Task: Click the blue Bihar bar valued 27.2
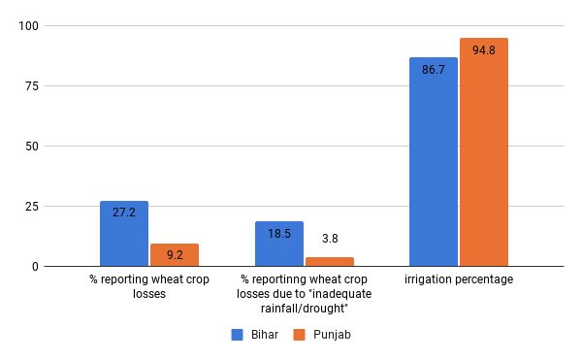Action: click(124, 234)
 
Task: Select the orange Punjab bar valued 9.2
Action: click(175, 255)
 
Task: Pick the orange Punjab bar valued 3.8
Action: click(330, 262)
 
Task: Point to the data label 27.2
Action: click(124, 212)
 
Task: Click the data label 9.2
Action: click(175, 255)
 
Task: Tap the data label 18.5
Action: click(279, 233)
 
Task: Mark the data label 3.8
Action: click(330, 238)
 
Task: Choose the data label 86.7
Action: click(434, 71)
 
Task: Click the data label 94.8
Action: click(484, 50)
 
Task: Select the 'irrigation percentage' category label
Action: click(459, 279)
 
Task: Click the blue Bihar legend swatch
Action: click(237, 335)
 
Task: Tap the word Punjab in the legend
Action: click(332, 335)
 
